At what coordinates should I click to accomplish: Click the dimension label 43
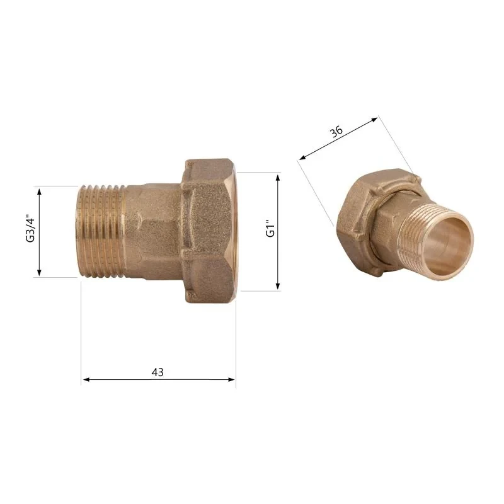pos(157,372)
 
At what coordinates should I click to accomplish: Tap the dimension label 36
pos(336,131)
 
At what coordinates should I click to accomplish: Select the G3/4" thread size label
pos(30,228)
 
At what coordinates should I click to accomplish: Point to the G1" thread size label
pos(270,228)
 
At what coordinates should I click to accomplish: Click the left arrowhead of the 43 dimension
pos(86,380)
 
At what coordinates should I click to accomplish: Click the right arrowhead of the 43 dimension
pos(231,380)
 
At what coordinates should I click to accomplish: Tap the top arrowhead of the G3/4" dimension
pos(39,192)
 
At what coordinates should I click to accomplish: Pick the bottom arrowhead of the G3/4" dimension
pos(39,273)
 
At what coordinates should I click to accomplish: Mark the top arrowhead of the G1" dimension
pos(278,178)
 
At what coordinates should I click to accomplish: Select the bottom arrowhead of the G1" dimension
pos(278,286)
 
